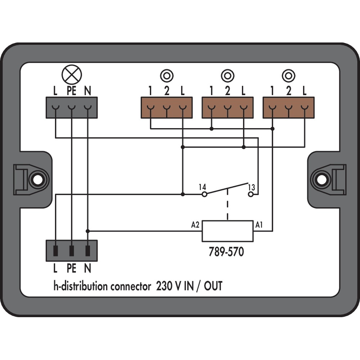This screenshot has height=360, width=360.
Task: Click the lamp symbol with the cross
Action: point(72,75)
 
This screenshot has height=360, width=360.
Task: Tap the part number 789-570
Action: point(226,252)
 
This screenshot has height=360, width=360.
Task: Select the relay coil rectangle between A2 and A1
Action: point(227,231)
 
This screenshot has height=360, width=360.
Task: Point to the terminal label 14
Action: point(202,187)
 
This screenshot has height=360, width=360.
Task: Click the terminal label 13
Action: point(251,187)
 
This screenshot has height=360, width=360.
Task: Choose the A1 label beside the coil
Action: point(258,225)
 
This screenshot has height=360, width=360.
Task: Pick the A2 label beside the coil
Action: point(195,225)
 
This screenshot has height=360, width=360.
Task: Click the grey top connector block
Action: point(72,107)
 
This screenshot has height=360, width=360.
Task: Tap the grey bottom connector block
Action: point(72,251)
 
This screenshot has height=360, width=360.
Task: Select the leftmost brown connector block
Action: point(166,107)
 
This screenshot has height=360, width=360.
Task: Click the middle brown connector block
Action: point(227,107)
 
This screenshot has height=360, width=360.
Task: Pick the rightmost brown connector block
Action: point(288,107)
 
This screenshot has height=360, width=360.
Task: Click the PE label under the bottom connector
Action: point(72,269)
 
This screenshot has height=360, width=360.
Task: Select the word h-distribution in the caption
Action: point(80,287)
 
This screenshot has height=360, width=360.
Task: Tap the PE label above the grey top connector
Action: point(72,91)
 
